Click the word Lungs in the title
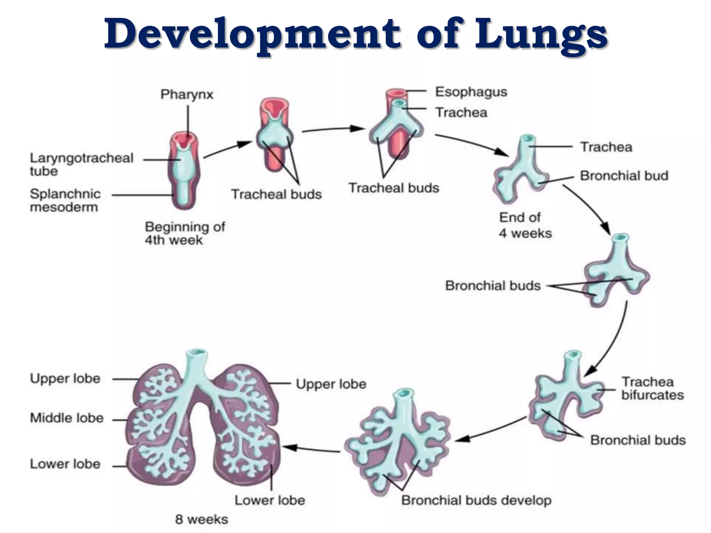coord(542,35)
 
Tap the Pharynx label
coord(187,94)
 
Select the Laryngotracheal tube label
coord(81,164)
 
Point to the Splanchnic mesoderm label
coord(65,201)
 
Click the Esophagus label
coord(471,92)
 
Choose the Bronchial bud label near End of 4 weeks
coord(624,176)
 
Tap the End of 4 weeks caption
coord(525,225)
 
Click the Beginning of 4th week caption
coord(185,233)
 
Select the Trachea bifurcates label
coord(652,388)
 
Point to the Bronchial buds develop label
coord(476,500)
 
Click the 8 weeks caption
coord(202,519)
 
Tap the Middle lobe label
coord(67,418)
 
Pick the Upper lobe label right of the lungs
coord(331,384)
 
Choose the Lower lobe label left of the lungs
coord(65,464)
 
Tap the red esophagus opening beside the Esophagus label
coord(396,93)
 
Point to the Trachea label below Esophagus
coord(461,112)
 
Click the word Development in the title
coord(253,35)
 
